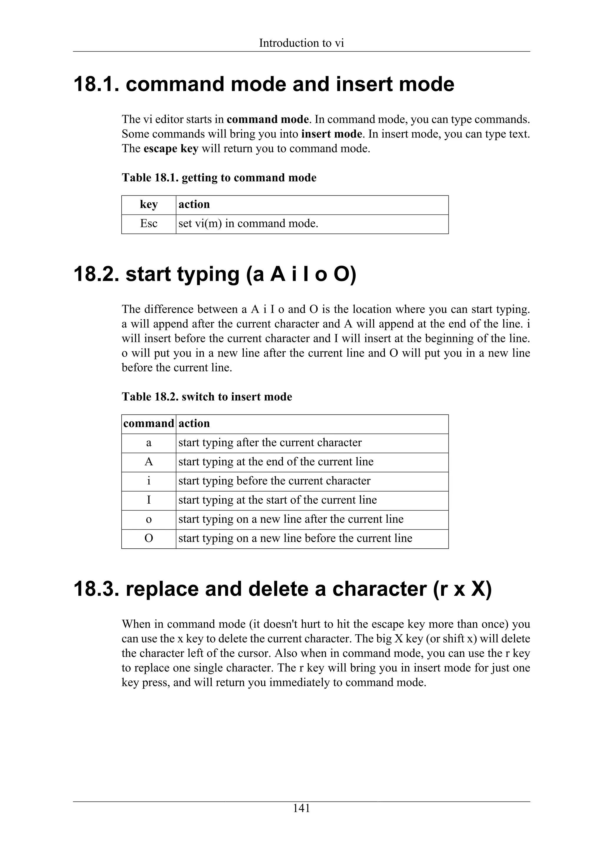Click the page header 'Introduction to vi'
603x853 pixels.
301,43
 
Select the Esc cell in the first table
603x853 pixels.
149,224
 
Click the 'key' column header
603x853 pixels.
149,204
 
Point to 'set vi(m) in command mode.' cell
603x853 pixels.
248,224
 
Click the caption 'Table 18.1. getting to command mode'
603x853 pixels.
219,177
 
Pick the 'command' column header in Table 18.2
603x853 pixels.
149,424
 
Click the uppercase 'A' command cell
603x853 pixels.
149,462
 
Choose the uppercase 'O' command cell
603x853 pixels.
149,538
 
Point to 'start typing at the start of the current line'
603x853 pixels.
278,500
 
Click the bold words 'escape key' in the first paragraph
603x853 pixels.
171,149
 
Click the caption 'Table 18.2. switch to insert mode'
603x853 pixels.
207,397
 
